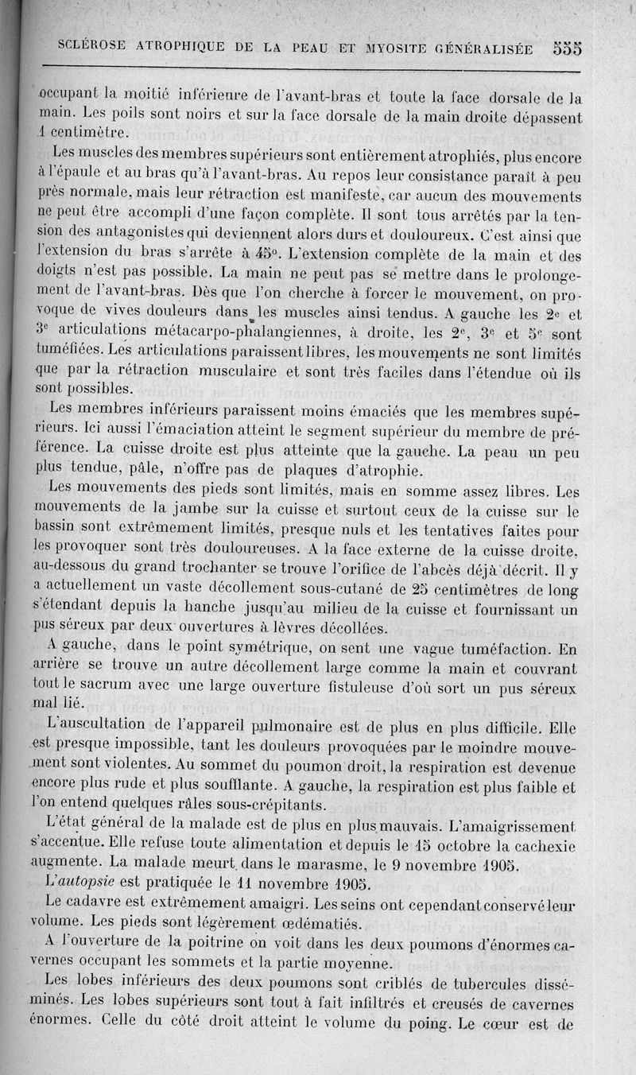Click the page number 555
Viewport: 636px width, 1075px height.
click(x=568, y=47)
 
